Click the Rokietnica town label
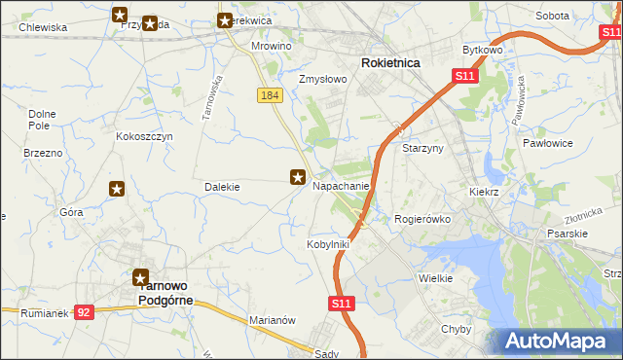[x=390, y=62]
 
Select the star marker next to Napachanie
[x=299, y=177]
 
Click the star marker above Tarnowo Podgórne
[x=141, y=277]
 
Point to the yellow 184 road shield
[x=271, y=94]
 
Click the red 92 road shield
[x=85, y=312]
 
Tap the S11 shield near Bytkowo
[x=464, y=76]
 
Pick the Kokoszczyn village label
[x=144, y=137]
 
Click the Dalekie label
[x=222, y=186]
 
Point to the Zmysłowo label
[x=323, y=79]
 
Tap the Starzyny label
[x=423, y=148]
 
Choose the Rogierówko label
[x=422, y=219]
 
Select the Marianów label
[x=272, y=320]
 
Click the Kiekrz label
[x=483, y=193]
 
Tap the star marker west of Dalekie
[x=117, y=189]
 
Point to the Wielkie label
[x=436, y=278]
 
